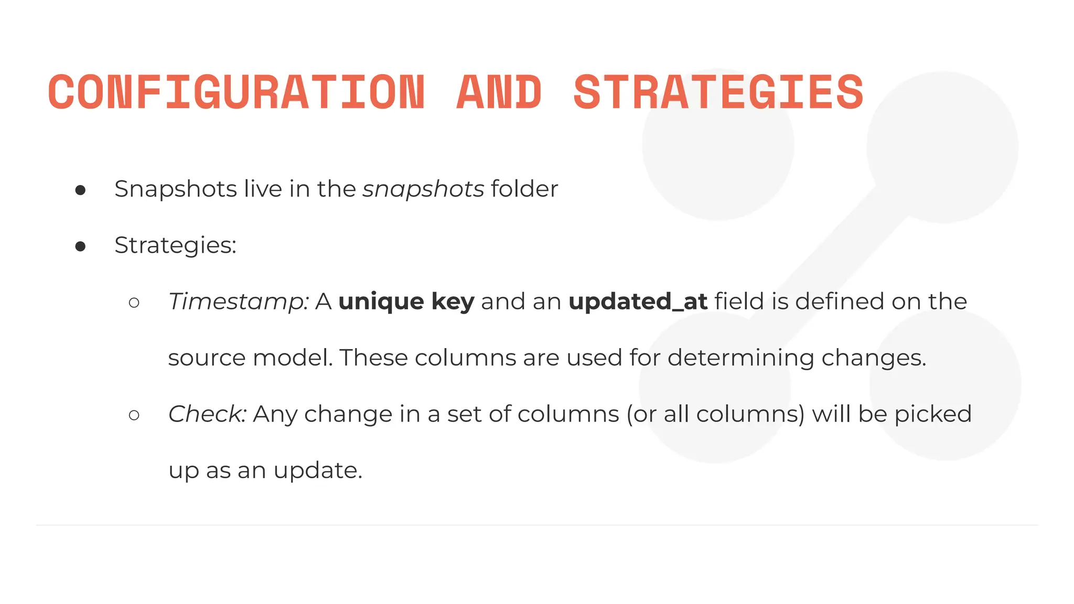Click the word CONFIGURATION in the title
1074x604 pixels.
tap(236, 92)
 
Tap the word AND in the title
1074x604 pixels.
tap(499, 92)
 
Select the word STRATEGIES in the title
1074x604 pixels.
tap(718, 92)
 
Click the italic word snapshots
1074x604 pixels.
tap(423, 189)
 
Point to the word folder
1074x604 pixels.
tap(524, 189)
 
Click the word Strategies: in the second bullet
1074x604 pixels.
tap(175, 245)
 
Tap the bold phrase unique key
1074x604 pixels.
tap(406, 302)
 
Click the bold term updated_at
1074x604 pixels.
tap(638, 302)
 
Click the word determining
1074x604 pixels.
tap(740, 358)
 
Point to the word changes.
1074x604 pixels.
tap(874, 358)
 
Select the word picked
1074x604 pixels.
tap(933, 414)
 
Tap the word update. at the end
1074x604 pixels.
tap(318, 470)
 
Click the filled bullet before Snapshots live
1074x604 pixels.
tap(80, 190)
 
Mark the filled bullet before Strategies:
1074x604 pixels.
tap(80, 246)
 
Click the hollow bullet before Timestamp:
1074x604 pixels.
tap(134, 303)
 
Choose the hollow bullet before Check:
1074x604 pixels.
tap(134, 415)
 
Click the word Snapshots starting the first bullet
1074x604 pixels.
tap(176, 189)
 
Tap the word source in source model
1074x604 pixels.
tap(207, 358)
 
